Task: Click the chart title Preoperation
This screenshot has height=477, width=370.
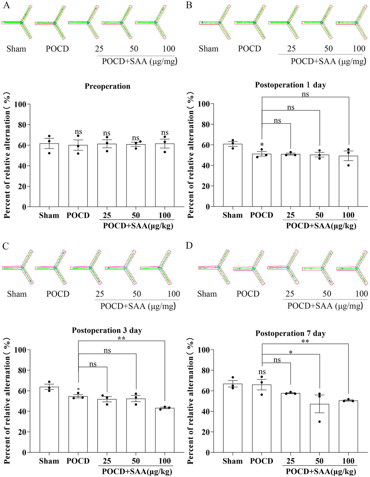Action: (x=107, y=86)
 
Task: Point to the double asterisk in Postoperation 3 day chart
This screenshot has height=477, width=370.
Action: (x=121, y=338)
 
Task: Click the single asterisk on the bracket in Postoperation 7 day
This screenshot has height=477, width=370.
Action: (x=291, y=352)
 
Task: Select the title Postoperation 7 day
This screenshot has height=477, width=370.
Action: (x=291, y=333)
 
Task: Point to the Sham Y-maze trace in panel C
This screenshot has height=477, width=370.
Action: (x=18, y=268)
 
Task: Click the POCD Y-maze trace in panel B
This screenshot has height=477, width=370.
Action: (x=250, y=22)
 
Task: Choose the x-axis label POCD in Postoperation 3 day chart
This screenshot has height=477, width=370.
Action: (x=78, y=461)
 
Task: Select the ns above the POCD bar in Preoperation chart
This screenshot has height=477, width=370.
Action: (x=78, y=133)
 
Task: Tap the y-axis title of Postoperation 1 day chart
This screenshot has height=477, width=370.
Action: (x=191, y=155)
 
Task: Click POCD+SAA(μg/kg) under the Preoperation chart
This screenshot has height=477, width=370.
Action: (x=138, y=226)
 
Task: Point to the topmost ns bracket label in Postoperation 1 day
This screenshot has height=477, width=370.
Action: (x=305, y=94)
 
